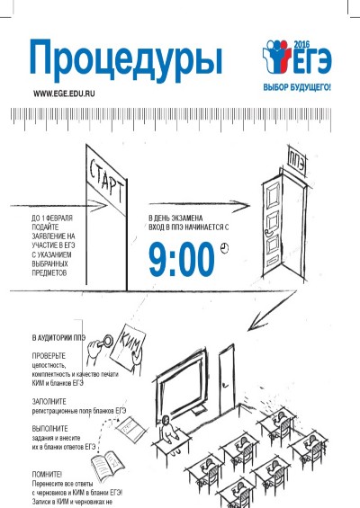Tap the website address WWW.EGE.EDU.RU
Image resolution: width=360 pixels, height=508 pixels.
(64, 94)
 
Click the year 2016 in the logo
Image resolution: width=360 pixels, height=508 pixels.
(301, 44)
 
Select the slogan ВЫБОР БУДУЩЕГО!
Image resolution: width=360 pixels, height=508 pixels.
(297, 87)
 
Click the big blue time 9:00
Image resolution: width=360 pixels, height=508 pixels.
(182, 259)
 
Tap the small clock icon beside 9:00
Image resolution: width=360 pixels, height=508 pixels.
(224, 248)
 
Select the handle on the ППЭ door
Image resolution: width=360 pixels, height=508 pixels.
(268, 232)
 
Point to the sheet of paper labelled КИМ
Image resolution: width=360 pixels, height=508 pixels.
(128, 347)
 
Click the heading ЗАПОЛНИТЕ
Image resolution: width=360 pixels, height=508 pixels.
(49, 401)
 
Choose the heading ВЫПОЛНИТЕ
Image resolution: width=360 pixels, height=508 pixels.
(49, 429)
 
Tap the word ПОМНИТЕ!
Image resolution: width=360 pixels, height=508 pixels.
(47, 475)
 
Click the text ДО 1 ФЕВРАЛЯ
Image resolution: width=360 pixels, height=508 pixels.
(52, 218)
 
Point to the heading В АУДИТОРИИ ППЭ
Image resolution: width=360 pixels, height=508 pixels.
(58, 337)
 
